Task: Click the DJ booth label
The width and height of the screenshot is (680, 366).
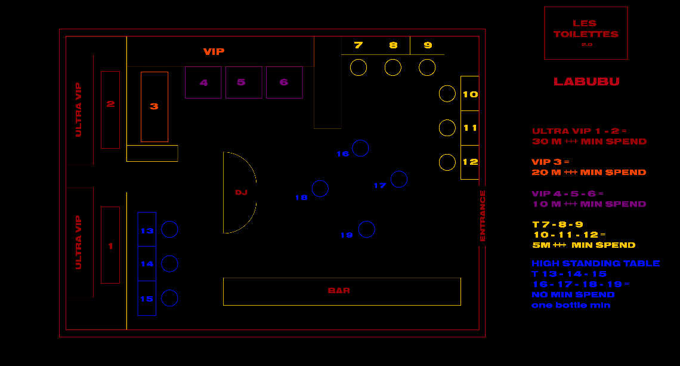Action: [241, 192]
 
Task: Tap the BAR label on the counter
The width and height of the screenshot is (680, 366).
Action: [339, 291]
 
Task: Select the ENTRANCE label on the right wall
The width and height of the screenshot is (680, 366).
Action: [483, 216]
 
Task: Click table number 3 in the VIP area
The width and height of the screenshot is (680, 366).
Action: [154, 107]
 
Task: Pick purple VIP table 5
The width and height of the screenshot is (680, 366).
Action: [243, 82]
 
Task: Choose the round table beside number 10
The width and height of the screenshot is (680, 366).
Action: [447, 94]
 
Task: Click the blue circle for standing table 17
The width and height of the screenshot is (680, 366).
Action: [399, 179]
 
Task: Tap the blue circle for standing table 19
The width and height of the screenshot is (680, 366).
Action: [367, 229]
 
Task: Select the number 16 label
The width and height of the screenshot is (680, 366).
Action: [342, 154]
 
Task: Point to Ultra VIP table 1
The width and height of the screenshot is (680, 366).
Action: [110, 245]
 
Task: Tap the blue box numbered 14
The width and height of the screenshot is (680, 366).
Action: [147, 264]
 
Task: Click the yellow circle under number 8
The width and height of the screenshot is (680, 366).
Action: [393, 67]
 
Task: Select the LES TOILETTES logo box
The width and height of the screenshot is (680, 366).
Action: [586, 33]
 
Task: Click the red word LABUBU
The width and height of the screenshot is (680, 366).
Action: [586, 82]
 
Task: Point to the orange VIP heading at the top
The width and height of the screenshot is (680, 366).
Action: [214, 52]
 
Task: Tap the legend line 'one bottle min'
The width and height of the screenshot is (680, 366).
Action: [571, 305]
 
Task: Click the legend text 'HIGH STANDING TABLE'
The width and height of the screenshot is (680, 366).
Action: [595, 263]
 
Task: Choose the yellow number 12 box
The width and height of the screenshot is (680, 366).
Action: [470, 162]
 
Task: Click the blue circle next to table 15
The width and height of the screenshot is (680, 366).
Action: [170, 298]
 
